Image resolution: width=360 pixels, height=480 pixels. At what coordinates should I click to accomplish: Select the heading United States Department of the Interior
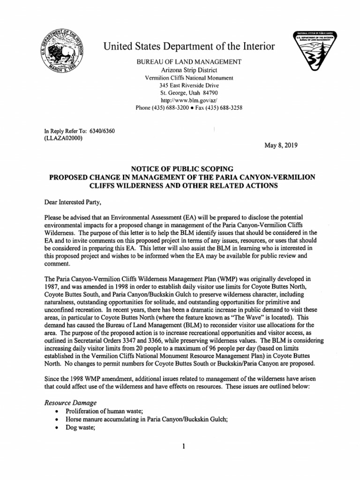(189, 46)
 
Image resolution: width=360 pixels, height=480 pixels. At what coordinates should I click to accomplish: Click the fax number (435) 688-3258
(222, 108)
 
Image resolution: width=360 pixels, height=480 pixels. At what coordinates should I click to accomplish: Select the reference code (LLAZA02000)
(63, 138)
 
